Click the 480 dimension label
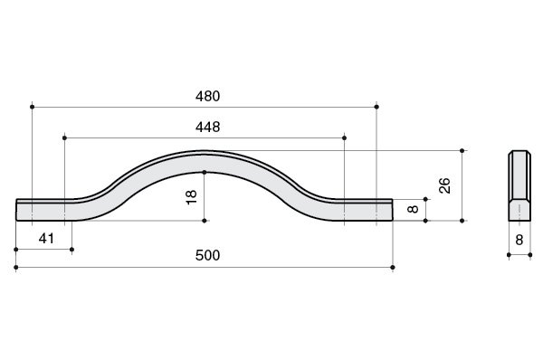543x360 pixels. tap(207, 96)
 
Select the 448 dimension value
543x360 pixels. tap(207, 127)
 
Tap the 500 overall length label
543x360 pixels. tap(207, 255)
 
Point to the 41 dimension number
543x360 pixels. tap(46, 239)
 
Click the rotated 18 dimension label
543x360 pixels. tap(192, 197)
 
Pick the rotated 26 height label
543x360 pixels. tap(444, 185)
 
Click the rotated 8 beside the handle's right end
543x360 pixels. tap(414, 209)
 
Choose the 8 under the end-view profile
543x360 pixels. tap(519, 240)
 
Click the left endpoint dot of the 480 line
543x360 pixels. tap(33, 107)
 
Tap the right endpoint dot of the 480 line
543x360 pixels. tap(376, 107)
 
